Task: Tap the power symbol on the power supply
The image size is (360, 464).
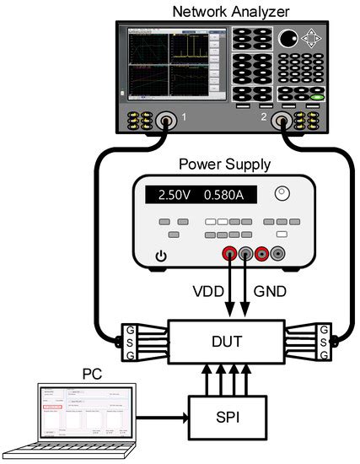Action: click(x=161, y=256)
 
